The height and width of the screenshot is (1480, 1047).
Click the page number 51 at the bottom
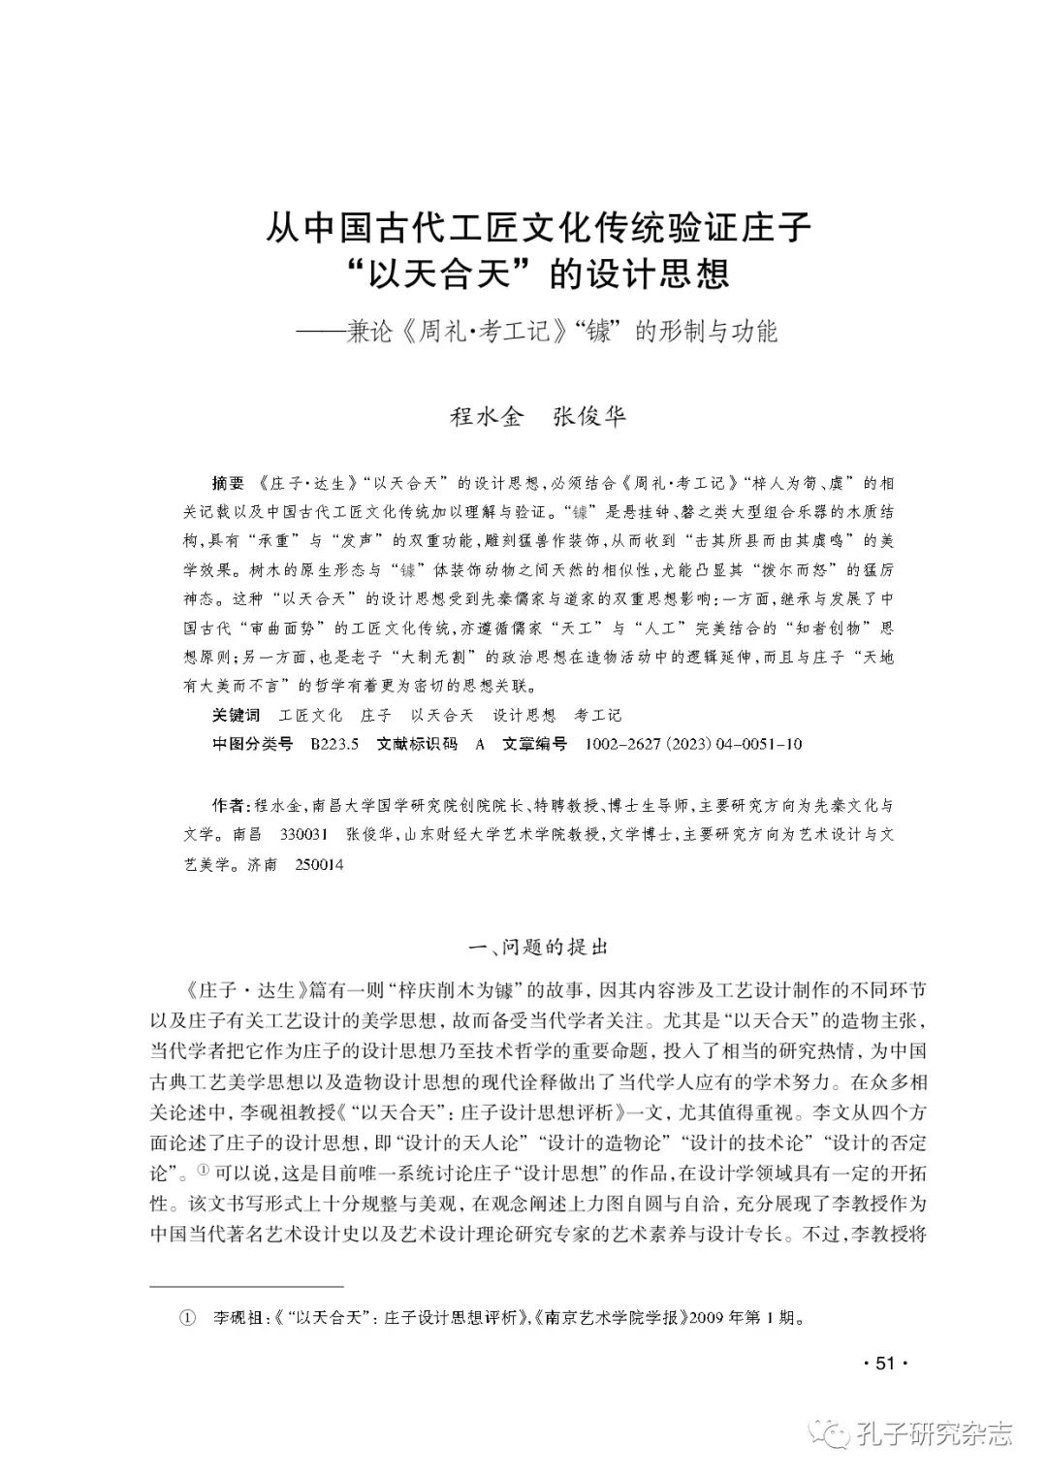tap(882, 1364)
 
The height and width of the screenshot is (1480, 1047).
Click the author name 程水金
tap(487, 417)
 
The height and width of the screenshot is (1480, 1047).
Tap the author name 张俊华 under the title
tap(589, 417)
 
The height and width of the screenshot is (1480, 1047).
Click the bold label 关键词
tap(237, 715)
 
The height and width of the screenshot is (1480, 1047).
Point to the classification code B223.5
tap(335, 744)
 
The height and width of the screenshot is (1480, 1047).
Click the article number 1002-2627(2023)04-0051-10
tap(694, 744)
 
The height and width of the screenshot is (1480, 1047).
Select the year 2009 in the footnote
tap(709, 1319)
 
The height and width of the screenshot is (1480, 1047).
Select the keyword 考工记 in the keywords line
tap(597, 715)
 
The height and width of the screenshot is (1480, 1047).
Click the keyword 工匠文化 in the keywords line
tap(310, 715)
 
